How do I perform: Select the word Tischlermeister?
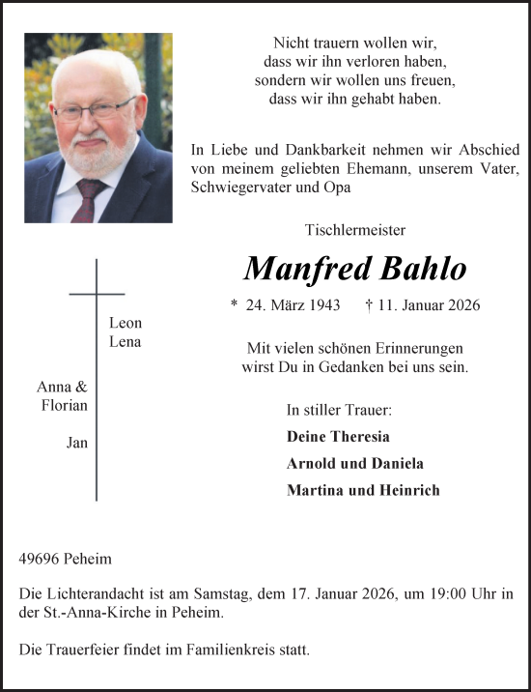coord(354,230)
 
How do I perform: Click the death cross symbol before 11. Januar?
coord(371,304)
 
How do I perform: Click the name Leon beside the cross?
coord(126,324)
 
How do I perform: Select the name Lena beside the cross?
coord(126,342)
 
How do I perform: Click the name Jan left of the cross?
coord(76,443)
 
